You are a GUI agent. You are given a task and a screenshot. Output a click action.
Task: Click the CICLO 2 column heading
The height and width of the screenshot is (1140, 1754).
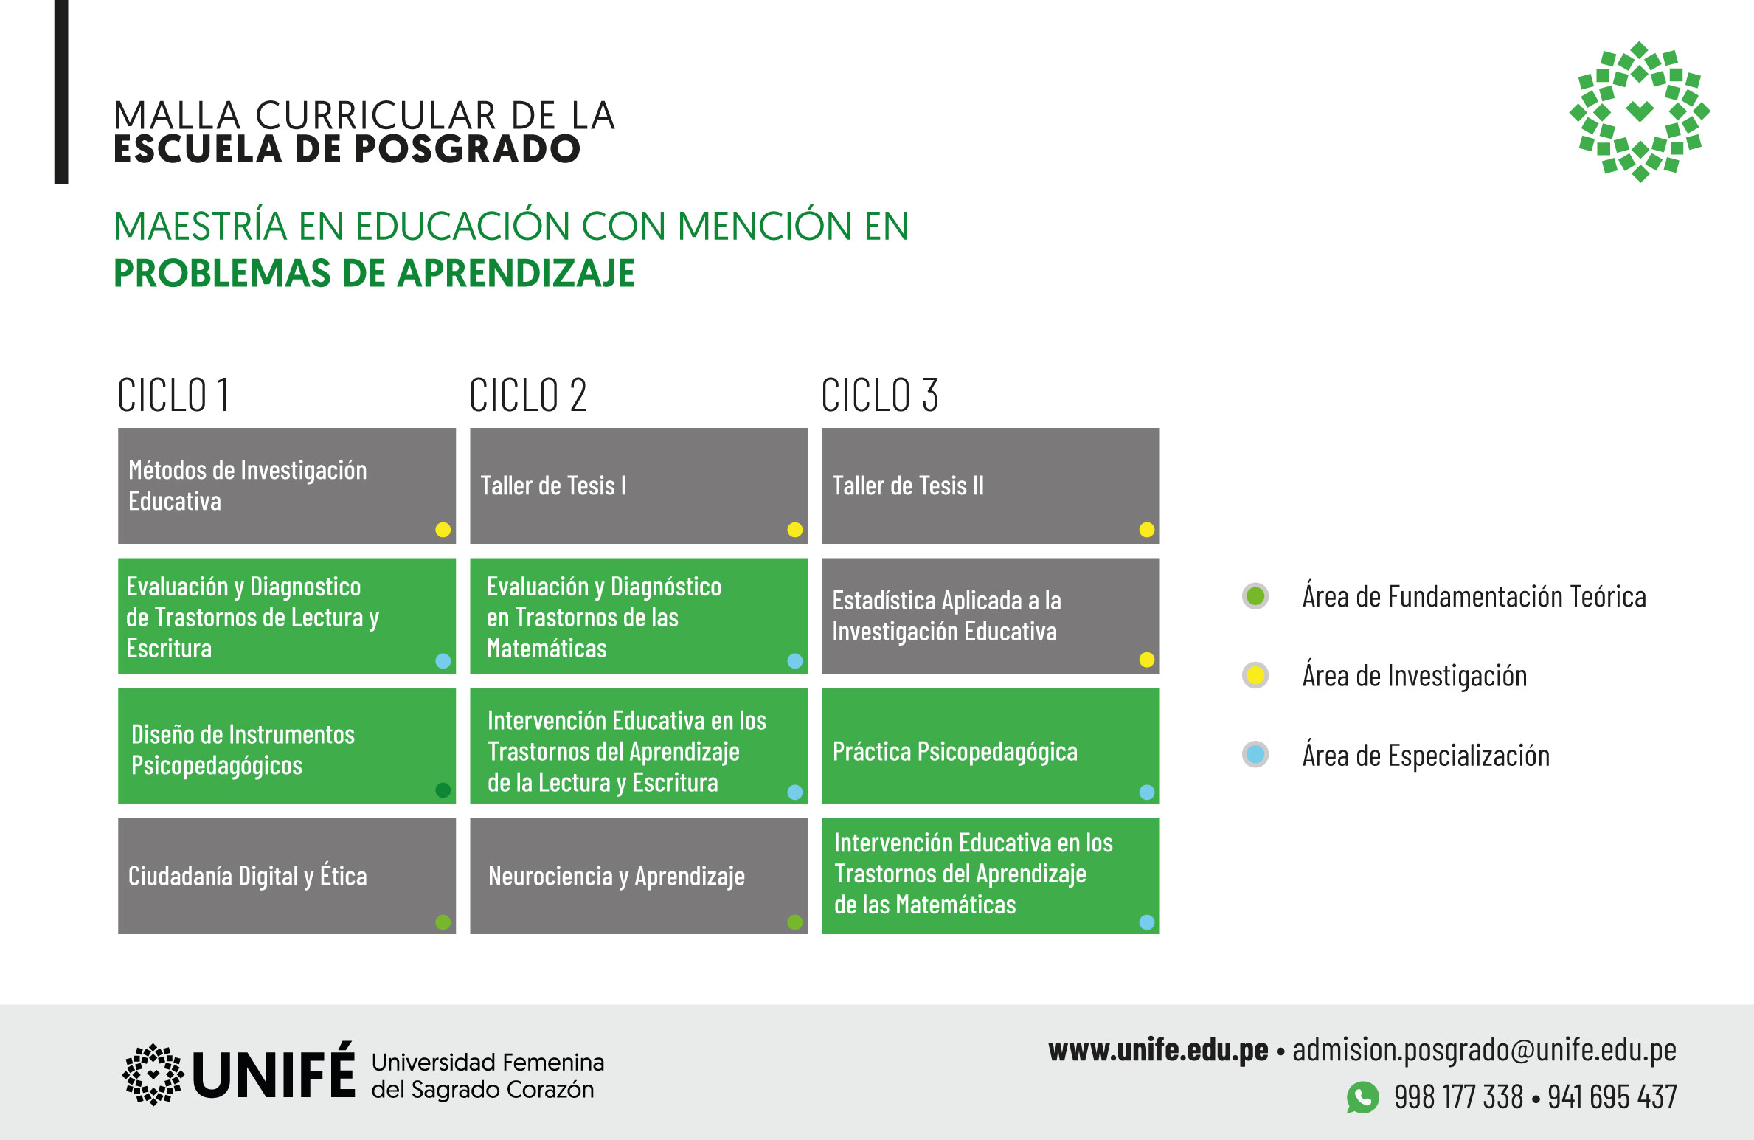click(528, 395)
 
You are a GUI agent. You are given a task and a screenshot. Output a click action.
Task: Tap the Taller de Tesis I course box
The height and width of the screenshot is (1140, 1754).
click(639, 486)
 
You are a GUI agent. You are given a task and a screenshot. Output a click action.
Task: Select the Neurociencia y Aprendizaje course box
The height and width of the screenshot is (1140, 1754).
click(639, 876)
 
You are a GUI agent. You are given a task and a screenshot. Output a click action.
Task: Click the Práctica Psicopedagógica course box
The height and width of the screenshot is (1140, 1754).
click(991, 746)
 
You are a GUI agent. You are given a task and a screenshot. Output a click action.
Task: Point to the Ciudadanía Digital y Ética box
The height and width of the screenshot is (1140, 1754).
click(287, 876)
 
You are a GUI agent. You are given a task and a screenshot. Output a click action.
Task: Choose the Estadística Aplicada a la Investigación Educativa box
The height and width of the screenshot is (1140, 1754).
click(991, 615)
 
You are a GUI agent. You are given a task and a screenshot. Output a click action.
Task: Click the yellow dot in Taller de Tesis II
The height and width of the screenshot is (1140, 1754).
click(1146, 529)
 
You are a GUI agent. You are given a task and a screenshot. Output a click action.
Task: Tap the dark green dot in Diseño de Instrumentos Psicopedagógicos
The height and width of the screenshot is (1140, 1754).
click(443, 790)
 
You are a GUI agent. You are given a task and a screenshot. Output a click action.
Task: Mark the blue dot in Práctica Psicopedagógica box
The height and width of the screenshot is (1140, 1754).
click(1146, 792)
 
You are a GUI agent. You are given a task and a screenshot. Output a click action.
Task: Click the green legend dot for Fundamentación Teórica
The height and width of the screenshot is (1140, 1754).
click(1255, 596)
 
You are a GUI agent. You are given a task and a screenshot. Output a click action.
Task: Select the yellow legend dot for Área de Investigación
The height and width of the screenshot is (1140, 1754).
click(1255, 675)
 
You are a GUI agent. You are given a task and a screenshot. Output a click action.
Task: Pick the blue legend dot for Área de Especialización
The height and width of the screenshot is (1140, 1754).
click(1255, 754)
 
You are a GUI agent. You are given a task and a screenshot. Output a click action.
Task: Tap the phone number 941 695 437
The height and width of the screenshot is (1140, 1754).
click(1612, 1097)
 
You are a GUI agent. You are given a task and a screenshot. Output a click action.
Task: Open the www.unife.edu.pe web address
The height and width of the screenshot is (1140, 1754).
click(1158, 1050)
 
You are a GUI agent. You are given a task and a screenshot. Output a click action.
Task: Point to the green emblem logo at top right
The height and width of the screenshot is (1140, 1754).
click(1640, 111)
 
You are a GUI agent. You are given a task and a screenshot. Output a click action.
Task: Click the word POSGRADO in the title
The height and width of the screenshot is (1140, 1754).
click(468, 149)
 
